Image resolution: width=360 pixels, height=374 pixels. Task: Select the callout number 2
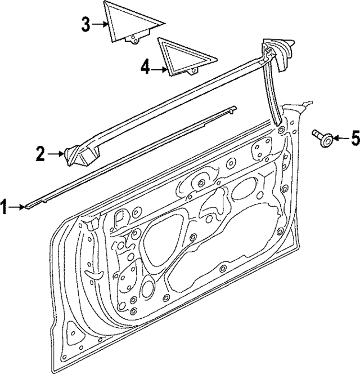coord(40,154)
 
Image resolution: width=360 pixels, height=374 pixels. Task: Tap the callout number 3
coord(85,24)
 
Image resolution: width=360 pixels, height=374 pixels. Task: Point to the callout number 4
coord(145,68)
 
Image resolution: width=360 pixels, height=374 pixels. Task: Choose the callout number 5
coord(354,138)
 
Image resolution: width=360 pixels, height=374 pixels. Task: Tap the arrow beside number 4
coord(160,69)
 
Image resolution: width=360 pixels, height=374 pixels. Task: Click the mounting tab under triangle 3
coord(136,39)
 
